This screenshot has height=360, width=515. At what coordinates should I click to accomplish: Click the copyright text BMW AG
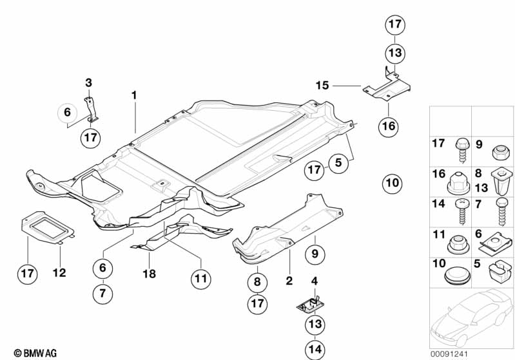tap(35, 353)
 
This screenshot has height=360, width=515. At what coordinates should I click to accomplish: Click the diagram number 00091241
tap(449, 354)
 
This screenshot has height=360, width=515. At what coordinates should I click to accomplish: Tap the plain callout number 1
tap(134, 95)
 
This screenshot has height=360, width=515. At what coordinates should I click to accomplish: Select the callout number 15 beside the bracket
tap(322, 85)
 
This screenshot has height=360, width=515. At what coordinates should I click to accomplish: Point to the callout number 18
tap(149, 274)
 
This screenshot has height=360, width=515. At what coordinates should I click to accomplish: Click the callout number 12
tap(59, 272)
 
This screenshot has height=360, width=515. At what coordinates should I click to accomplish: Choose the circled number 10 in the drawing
tap(392, 183)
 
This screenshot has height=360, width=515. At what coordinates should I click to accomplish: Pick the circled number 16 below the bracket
tap(388, 126)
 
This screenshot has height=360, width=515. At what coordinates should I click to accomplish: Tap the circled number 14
tap(315, 349)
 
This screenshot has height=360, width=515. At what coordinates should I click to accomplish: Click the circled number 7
tap(102, 293)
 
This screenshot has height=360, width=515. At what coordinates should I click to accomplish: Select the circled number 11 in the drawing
tap(200, 279)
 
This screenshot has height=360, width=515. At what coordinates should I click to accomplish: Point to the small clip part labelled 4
tap(309, 305)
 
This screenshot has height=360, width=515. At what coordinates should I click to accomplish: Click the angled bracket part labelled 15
tap(387, 86)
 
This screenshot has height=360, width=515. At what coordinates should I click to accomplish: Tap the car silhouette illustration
tap(472, 317)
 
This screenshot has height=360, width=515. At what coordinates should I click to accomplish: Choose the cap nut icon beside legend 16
tap(458, 183)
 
